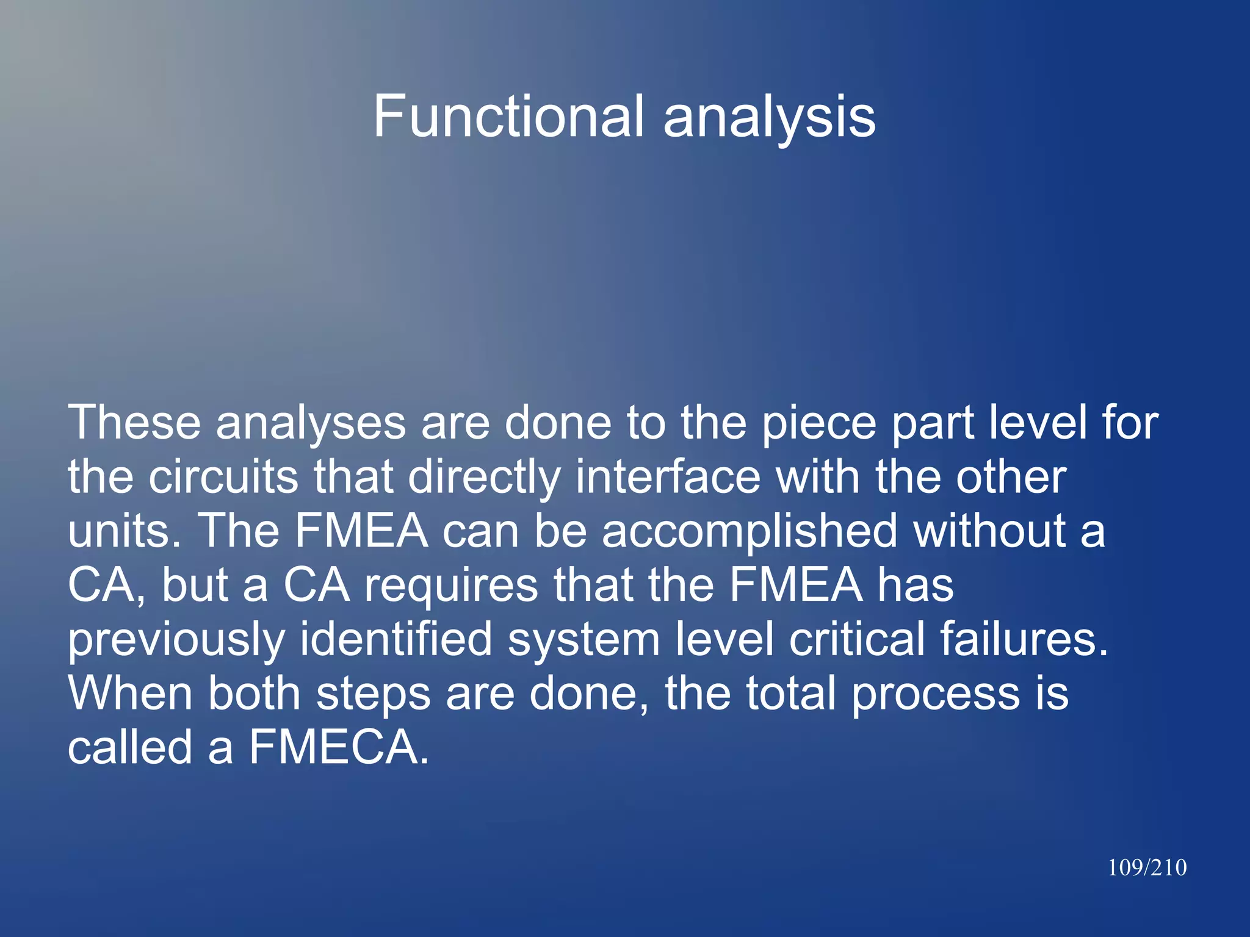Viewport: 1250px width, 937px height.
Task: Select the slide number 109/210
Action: click(1147, 867)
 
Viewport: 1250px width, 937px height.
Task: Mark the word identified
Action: click(396, 639)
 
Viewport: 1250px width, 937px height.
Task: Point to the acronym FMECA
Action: click(339, 747)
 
